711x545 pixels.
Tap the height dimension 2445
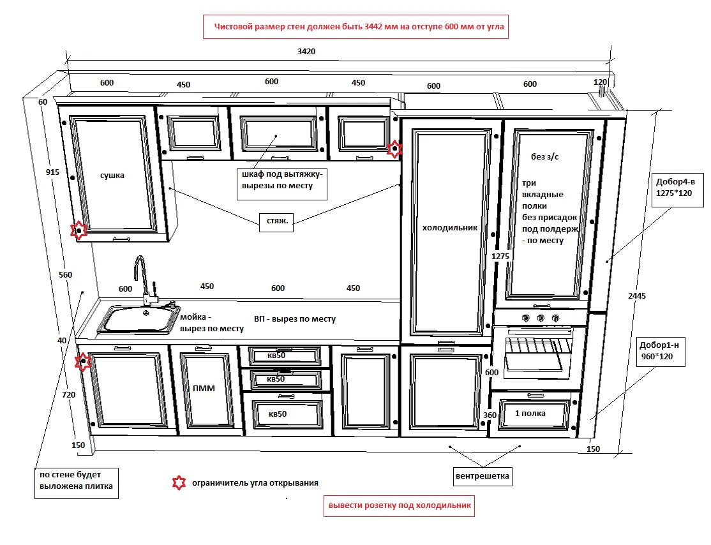point(637,295)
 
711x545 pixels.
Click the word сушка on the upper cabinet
point(112,175)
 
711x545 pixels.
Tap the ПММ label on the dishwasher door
point(204,388)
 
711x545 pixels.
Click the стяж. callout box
point(276,221)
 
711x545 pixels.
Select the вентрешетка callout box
point(483,476)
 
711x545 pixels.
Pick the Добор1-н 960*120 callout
point(661,352)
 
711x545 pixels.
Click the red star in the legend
point(179,482)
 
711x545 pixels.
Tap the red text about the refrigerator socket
point(400,506)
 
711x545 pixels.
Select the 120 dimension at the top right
point(600,82)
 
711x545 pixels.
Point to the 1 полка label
point(530,413)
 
